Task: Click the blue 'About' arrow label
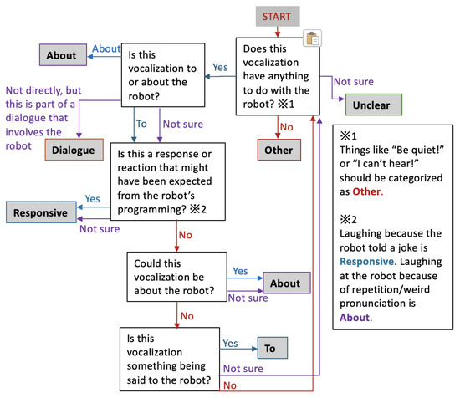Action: pos(106,49)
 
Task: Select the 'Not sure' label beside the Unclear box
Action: pos(355,81)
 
